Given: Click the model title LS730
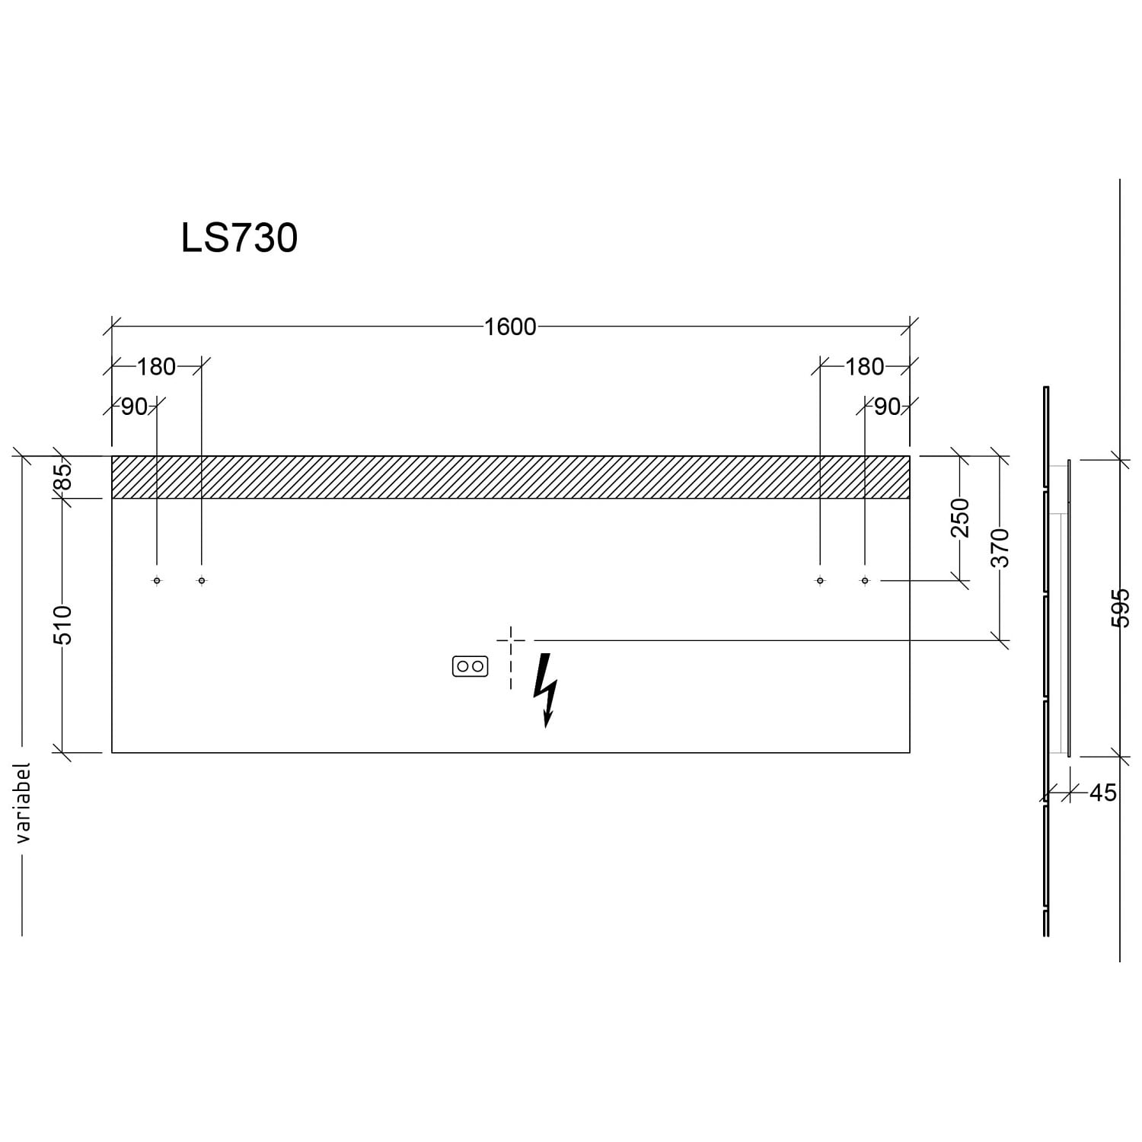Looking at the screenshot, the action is point(239,238).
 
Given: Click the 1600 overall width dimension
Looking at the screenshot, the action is point(510,327).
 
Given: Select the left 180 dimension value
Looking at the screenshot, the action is point(156,367).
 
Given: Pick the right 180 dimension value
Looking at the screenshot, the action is point(864,367).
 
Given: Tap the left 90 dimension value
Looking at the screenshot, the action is point(134,407).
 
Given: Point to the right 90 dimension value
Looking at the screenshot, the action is point(887,407).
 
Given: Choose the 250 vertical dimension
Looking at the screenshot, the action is point(960,517).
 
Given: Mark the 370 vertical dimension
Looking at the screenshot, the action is point(1000,547).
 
